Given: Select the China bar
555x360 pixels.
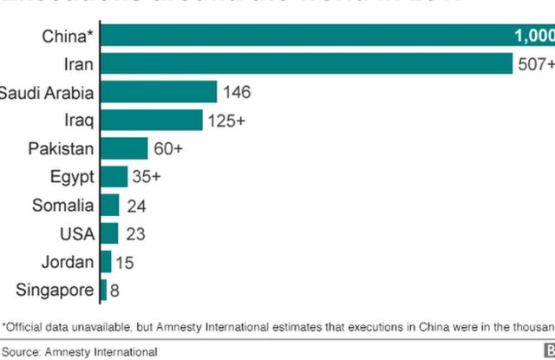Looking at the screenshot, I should [x=304, y=36].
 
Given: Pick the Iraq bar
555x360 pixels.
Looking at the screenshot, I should [x=152, y=121].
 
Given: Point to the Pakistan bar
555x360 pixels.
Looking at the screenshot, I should [x=125, y=148].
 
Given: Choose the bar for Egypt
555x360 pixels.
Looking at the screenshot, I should [x=114, y=177].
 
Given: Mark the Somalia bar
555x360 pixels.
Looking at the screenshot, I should [x=110, y=206].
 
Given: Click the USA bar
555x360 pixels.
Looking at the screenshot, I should [x=109, y=233].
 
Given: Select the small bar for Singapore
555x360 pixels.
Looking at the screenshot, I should [x=104, y=290].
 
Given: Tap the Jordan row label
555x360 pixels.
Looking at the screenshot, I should [x=66, y=261].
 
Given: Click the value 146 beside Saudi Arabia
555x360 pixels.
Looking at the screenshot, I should [x=237, y=92].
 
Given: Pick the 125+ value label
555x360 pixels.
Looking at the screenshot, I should [x=226, y=121].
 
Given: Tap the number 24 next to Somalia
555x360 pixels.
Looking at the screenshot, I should [x=135, y=206].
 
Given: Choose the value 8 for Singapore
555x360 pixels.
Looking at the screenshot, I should [x=115, y=290].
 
